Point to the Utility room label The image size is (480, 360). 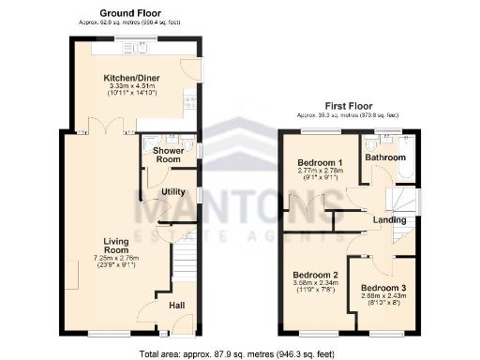(x=172, y=191)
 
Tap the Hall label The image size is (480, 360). (x=177, y=305)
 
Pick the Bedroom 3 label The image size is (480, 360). (x=384, y=287)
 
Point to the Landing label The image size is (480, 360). (x=389, y=220)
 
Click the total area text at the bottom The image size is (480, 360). (x=238, y=354)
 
